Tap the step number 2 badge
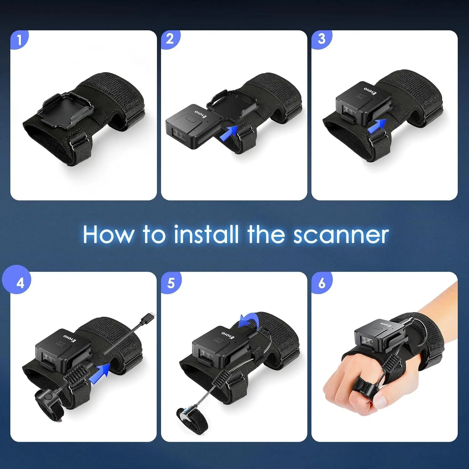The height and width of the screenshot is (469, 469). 170,39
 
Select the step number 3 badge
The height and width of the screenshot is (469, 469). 321,39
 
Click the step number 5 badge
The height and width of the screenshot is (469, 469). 171,283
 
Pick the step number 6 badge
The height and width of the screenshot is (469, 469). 322,283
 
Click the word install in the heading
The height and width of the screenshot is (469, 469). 207,234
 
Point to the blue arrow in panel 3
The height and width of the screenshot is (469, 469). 376,126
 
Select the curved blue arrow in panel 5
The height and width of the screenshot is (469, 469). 249,321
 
